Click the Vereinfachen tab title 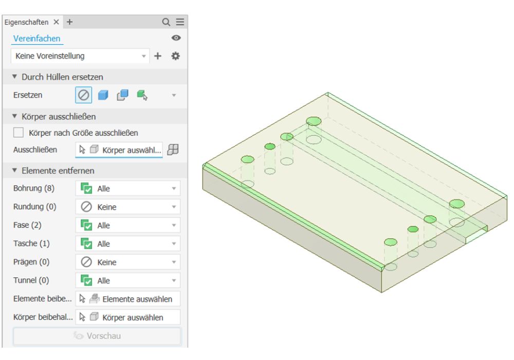click(37, 39)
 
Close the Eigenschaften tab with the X click(57, 22)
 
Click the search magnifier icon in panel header click(166, 22)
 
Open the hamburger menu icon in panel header click(179, 22)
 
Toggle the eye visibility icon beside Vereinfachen click(176, 38)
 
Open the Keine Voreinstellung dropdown click(80, 56)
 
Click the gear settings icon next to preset click(175, 56)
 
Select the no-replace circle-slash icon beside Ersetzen click(84, 95)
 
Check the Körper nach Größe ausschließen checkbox click(19, 133)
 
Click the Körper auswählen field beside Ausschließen click(119, 150)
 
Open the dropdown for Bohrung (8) click(128, 189)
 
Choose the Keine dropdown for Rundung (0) click(128, 207)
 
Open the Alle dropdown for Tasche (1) click(128, 244)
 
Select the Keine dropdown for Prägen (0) click(128, 262)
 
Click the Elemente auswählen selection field click(128, 299)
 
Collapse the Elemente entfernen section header click(58, 170)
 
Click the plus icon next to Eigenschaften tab click(70, 22)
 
